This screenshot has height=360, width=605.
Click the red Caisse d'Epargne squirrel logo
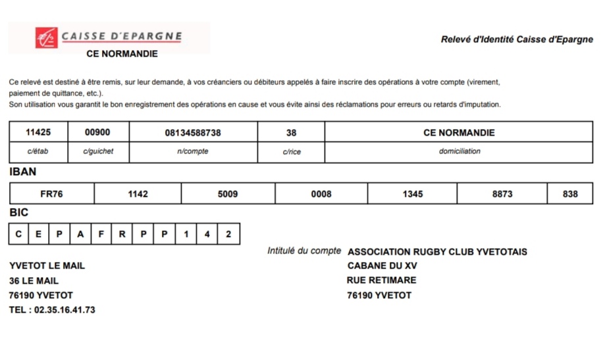coord(47,38)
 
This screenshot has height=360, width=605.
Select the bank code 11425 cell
coord(38,132)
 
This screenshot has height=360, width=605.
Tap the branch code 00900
coord(98,132)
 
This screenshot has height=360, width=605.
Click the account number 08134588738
coord(193,133)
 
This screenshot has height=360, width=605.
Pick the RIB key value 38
coord(291,133)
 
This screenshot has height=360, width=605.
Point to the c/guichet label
coord(98,151)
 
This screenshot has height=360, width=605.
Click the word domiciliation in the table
coord(460,151)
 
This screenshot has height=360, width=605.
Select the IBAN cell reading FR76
coord(52,194)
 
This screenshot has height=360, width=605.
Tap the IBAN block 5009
coord(228,194)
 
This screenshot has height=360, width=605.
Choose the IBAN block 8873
coord(502,194)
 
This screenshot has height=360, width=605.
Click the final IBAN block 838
coord(571,194)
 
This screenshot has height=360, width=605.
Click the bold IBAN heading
coord(23,172)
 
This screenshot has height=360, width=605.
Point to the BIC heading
coord(19,213)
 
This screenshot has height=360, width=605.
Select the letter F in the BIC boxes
coord(101,234)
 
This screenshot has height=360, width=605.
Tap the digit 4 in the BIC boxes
coord(207,234)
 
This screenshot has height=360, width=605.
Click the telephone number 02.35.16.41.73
coord(65,310)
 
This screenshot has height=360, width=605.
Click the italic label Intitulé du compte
coord(304,251)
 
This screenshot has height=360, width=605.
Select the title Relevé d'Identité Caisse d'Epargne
coord(517,39)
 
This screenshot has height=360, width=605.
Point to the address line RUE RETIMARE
coord(382,280)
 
